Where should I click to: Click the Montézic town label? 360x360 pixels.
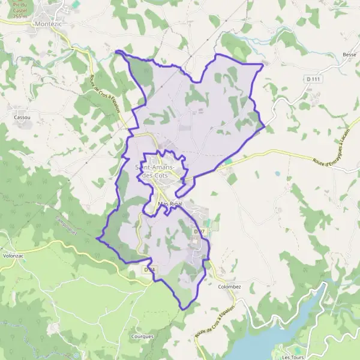(49, 23)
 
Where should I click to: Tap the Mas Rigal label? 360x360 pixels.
(170, 204)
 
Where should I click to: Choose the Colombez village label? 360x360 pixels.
(229, 287)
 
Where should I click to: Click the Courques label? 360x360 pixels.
(142, 337)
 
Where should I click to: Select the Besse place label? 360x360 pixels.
(349, 55)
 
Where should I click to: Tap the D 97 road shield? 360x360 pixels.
(199, 231)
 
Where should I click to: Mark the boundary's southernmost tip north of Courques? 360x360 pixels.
(182, 309)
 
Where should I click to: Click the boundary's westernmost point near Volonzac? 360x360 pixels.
(97, 238)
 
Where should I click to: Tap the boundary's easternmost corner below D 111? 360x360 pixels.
(265, 127)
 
